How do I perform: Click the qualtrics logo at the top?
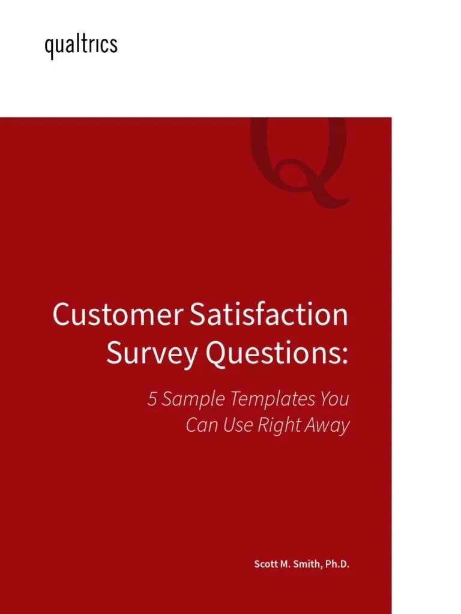pos(81,46)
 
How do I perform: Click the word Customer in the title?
pos(117,315)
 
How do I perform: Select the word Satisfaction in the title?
pos(268,315)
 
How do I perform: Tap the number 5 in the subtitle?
pos(152,399)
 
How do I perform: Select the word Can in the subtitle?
pos(199,426)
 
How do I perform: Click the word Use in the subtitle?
pos(235,426)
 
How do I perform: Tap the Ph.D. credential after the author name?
pos(337,565)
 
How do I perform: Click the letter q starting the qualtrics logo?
pos(49,47)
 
